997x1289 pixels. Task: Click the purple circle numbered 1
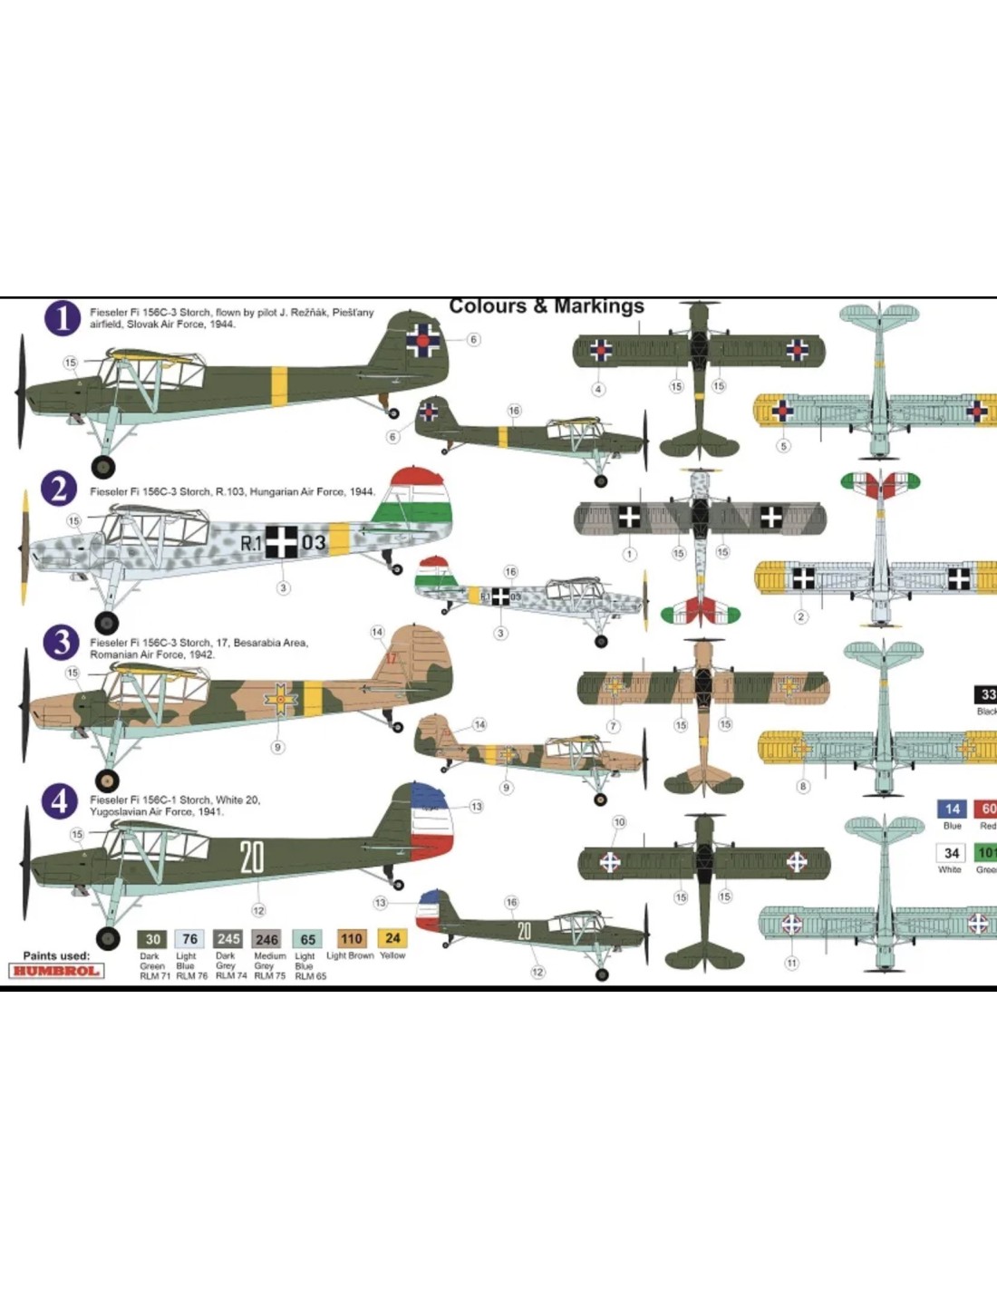63,318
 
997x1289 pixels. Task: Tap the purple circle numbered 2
60,489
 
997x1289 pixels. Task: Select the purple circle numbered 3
61,643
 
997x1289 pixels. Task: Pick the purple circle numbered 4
60,800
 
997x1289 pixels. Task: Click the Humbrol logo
57,971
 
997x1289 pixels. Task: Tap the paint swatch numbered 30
153,939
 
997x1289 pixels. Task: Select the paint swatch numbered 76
189,939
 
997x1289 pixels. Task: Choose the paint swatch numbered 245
228,939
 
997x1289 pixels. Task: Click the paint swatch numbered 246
266,939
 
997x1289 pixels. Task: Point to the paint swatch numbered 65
307,939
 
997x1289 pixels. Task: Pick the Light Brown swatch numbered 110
352,938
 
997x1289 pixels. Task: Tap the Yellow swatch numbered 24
392,938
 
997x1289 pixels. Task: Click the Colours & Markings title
547,306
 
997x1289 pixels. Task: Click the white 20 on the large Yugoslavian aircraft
252,857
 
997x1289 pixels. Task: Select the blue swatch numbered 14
952,809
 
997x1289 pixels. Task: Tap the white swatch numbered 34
951,853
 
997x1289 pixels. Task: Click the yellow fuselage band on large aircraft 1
279,386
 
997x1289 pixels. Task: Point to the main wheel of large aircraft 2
107,622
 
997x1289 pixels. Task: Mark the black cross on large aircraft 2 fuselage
281,541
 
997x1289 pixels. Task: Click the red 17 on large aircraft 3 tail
392,658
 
